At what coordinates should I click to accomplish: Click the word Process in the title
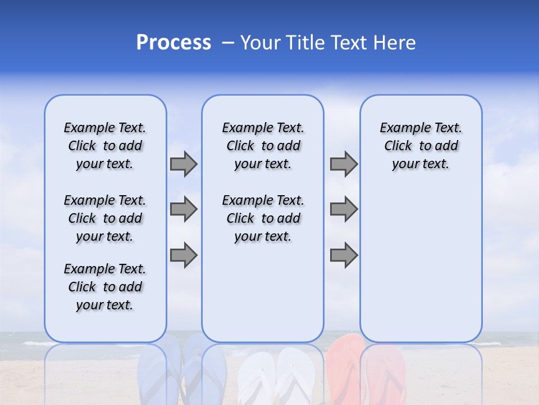(173, 42)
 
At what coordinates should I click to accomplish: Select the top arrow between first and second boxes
(184, 164)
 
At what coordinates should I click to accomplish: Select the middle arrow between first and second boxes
(184, 209)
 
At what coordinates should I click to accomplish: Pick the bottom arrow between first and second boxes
(184, 255)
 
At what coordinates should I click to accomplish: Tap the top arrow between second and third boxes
(344, 164)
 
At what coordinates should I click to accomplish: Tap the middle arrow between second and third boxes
(344, 209)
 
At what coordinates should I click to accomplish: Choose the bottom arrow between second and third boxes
(344, 255)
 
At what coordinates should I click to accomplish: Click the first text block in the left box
(105, 146)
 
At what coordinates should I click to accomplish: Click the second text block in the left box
(105, 218)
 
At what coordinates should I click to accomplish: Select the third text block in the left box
(105, 287)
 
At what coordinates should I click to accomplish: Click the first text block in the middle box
(263, 146)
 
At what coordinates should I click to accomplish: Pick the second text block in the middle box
(263, 218)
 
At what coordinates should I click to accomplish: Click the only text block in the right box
(421, 146)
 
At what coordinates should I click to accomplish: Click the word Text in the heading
(347, 43)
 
